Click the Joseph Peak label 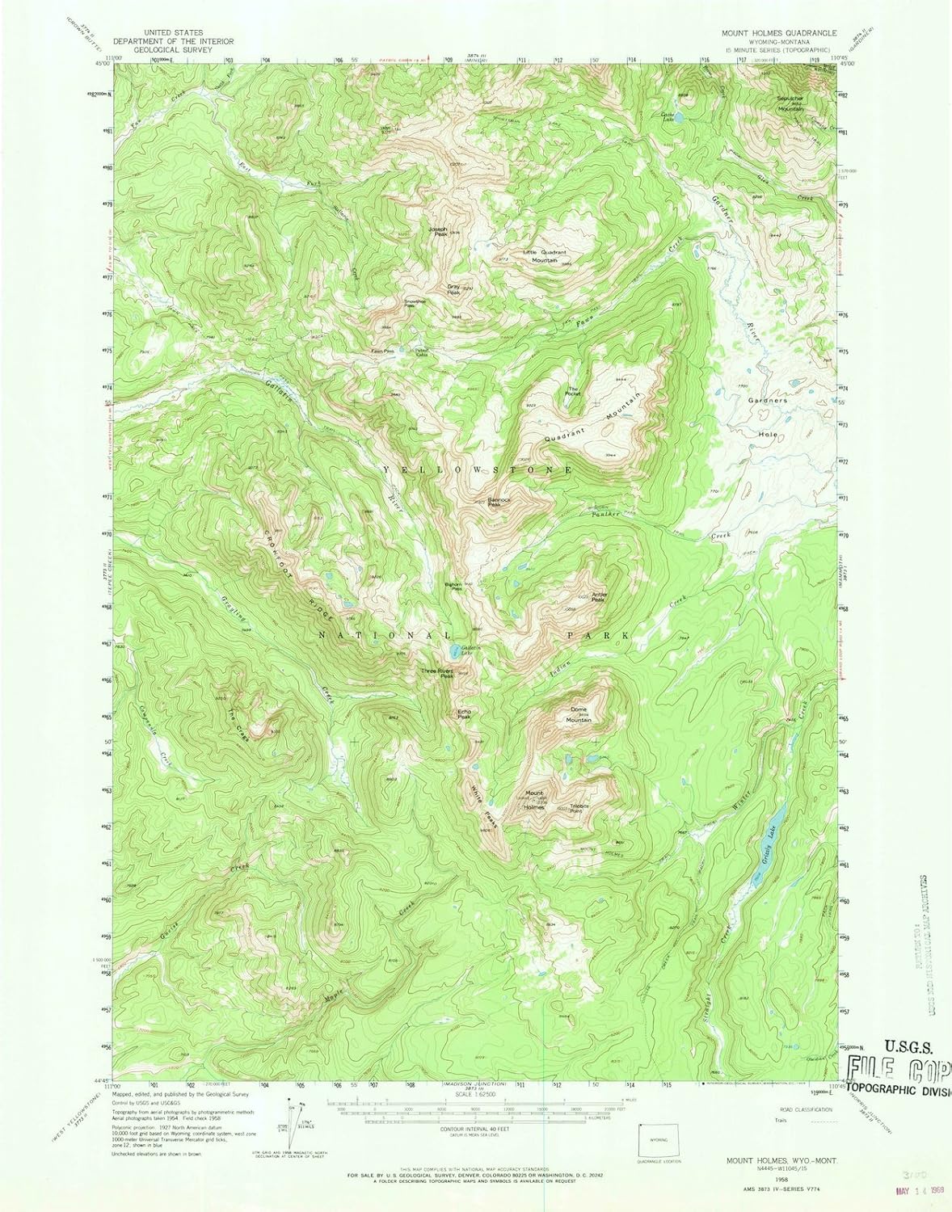pos(440,231)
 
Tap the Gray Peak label pos(454,288)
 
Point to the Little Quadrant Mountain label pos(545,256)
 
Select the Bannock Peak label pos(499,501)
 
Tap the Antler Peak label pos(599,597)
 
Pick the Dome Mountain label pos(578,715)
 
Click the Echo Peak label pos(464,713)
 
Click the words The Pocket pos(573,390)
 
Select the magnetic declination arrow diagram pos(296,1115)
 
